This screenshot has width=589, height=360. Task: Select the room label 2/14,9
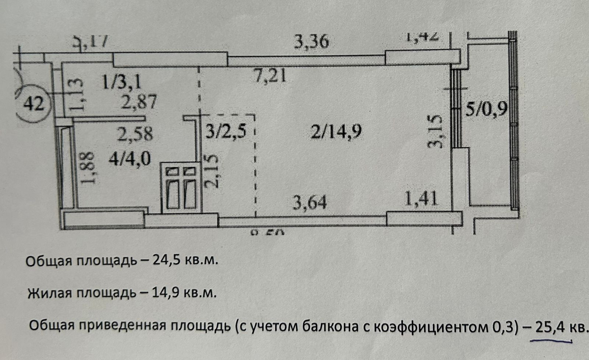[336, 131]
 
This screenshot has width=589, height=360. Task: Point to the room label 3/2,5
[226, 131]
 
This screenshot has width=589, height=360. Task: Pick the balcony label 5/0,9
[487, 109]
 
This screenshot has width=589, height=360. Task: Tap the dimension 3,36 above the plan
[311, 42]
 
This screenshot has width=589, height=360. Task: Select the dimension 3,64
[309, 202]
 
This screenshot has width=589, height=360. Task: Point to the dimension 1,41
[422, 199]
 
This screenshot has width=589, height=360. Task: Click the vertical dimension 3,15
[435, 131]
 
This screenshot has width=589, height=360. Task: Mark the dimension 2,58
[135, 134]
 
